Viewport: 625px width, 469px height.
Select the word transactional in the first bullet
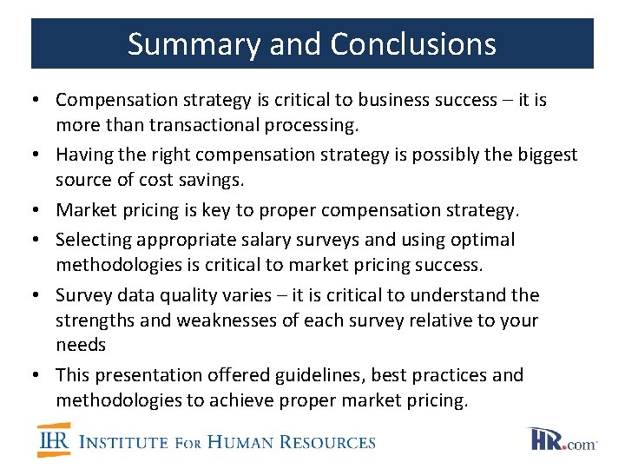(207, 125)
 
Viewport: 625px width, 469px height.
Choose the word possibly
(437, 155)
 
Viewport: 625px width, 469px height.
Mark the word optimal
(483, 239)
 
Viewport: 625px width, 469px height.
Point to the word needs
(81, 345)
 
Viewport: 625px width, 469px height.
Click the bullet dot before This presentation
(43, 375)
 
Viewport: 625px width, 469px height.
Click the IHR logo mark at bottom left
(54, 440)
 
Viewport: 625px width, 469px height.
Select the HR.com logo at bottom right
(562, 440)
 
